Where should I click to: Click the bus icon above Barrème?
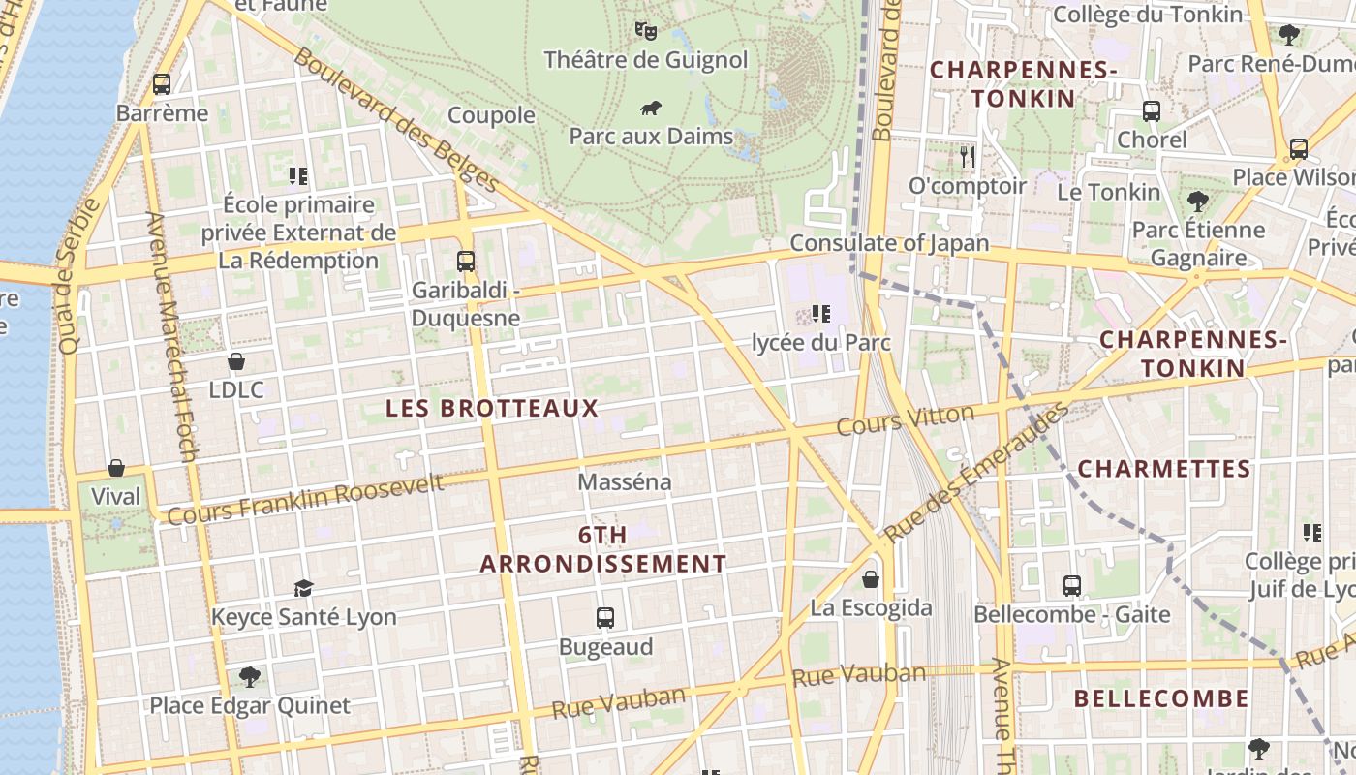[162, 84]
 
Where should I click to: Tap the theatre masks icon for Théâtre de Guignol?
[646, 31]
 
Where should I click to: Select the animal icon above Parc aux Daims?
[651, 108]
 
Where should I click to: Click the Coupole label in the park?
[491, 115]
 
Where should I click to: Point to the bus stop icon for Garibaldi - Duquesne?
[466, 262]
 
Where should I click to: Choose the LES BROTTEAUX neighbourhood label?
[492, 408]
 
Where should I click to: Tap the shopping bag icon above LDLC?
[236, 362]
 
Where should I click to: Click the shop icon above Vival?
[116, 469]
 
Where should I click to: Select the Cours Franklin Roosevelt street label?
[305, 499]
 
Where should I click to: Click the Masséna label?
[624, 481]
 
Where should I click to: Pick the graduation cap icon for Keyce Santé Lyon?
[304, 589]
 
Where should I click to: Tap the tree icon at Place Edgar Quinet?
[250, 676]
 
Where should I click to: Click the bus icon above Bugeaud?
[605, 618]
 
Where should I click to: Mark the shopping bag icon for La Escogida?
[871, 579]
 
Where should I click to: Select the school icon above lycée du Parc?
[821, 314]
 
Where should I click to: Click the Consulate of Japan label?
[889, 243]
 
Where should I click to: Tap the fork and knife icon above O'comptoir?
[967, 157]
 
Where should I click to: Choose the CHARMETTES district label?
[1164, 469]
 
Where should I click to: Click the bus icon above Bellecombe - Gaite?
[1072, 586]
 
